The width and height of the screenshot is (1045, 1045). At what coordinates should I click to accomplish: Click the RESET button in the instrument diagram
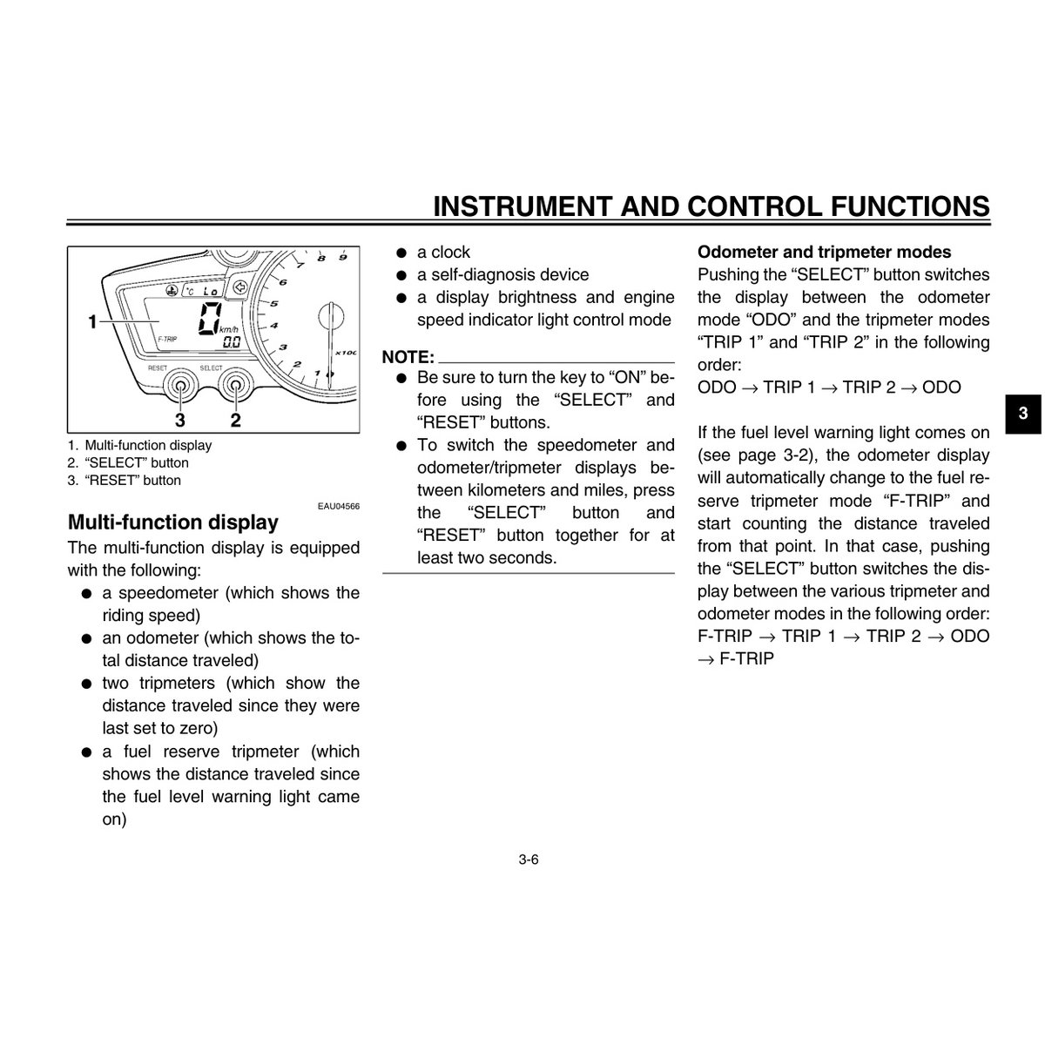181,386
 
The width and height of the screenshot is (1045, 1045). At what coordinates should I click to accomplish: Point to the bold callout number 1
92,322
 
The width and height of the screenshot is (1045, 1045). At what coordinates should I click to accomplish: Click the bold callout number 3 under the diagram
180,421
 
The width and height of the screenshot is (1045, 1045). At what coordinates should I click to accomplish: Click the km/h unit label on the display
230,329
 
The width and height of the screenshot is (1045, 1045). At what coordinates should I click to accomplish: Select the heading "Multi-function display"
173,522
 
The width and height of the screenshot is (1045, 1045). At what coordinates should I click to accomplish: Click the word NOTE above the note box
408,357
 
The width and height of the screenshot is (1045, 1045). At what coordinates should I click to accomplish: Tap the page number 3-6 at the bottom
529,860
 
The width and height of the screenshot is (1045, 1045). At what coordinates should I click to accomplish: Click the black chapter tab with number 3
1024,414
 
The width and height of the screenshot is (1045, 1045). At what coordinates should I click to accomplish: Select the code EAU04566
339,505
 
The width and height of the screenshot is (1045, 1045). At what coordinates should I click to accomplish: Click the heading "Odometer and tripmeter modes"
825,253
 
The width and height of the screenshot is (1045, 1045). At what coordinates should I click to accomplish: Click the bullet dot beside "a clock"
401,253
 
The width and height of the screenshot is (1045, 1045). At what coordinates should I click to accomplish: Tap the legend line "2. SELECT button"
128,462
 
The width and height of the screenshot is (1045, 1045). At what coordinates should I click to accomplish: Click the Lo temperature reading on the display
210,290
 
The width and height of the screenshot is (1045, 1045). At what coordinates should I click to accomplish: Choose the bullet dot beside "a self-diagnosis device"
401,275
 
